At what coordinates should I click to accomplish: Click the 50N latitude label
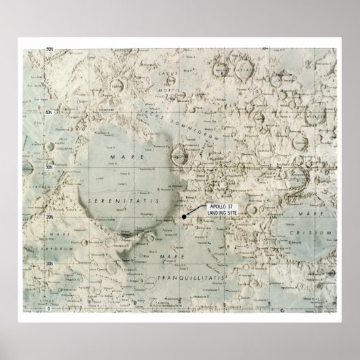[x=50, y=49]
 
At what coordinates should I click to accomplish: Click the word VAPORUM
[x=39, y=249]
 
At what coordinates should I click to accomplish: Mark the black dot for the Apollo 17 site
[x=183, y=217]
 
